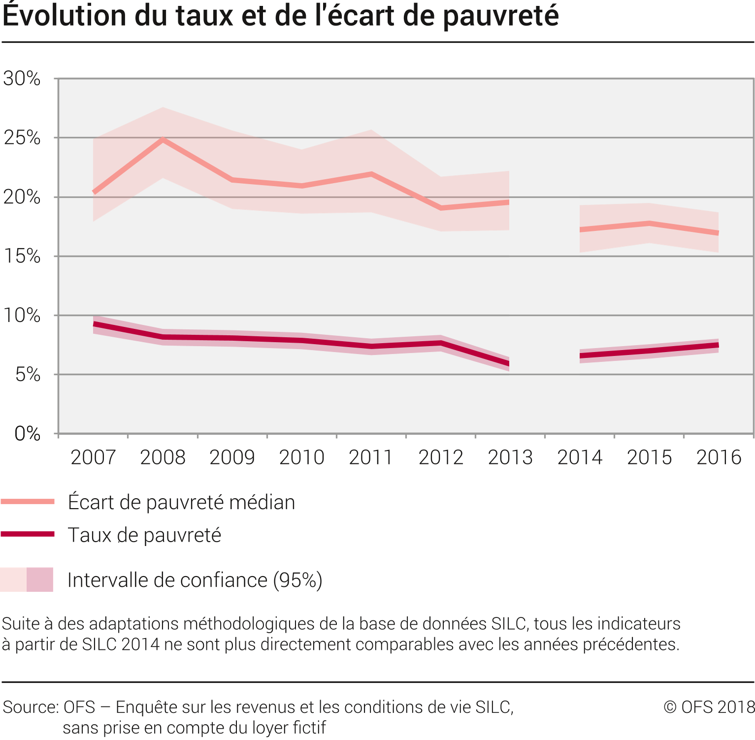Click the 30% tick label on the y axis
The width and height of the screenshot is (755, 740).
[x=22, y=78]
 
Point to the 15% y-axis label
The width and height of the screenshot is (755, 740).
[x=22, y=256]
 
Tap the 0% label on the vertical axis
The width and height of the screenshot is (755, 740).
[x=28, y=434]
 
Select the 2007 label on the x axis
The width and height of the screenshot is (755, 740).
[x=93, y=457]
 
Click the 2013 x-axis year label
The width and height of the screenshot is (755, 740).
[x=510, y=457]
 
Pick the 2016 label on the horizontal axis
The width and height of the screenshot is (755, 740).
[x=719, y=457]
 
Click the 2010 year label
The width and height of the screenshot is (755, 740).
[x=301, y=457]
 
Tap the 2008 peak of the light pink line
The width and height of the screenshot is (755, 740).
[x=163, y=140]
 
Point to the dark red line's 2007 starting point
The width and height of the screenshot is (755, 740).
[x=94, y=324]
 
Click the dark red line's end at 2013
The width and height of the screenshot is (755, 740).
[x=509, y=364]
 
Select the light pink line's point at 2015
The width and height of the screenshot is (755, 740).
[x=650, y=224]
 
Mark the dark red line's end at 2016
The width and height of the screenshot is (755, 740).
[x=718, y=345]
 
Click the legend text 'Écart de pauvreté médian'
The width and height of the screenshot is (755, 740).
[x=181, y=502]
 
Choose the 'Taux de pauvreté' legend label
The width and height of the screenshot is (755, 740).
[x=144, y=535]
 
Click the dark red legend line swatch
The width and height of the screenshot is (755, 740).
[x=28, y=534]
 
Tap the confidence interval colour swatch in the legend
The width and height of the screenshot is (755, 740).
[x=27, y=579]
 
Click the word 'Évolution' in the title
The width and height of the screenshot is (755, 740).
[x=65, y=16]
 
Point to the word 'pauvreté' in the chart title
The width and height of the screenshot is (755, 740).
[x=500, y=16]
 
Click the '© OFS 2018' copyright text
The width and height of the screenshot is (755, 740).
[x=709, y=707]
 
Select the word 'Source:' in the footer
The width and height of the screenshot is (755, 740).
[x=31, y=707]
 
